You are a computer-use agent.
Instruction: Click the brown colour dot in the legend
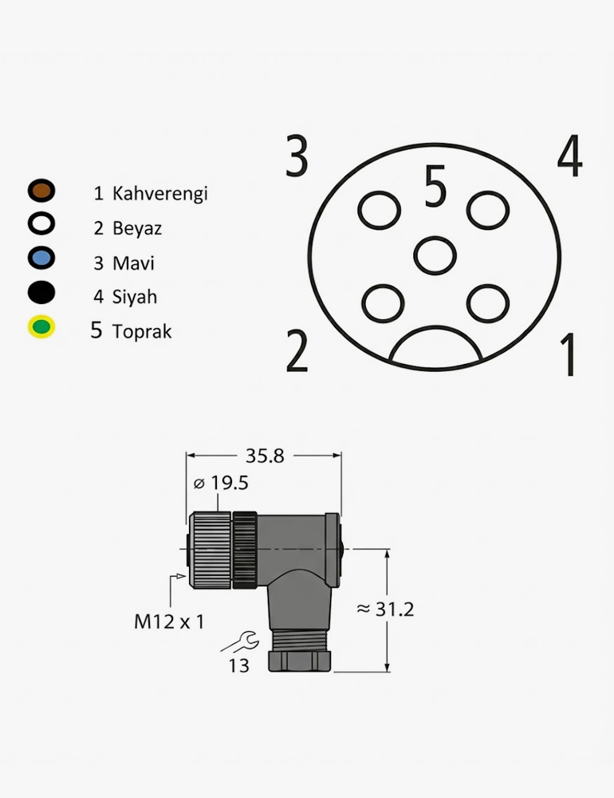(41, 191)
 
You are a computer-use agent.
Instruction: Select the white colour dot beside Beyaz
(41, 224)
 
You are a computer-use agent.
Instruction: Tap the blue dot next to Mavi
(41, 258)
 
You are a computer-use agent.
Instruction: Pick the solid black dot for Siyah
(41, 292)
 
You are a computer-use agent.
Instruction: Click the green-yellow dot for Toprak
(41, 326)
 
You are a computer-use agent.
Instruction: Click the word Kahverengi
(159, 193)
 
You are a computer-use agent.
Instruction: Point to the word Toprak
(142, 331)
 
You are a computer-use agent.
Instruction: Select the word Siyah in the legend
(134, 297)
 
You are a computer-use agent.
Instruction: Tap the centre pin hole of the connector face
(435, 255)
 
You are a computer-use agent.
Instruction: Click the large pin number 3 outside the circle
(297, 156)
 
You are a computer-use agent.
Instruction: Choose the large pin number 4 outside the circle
(569, 156)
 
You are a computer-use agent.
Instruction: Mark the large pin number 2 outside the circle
(297, 350)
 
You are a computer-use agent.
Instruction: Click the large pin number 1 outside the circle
(569, 354)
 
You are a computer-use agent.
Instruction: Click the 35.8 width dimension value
(265, 456)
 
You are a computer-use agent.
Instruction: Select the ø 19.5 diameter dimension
(221, 483)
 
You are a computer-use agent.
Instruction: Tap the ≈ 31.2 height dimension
(385, 609)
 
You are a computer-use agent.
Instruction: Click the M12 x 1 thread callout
(169, 622)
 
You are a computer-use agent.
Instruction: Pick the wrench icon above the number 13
(240, 642)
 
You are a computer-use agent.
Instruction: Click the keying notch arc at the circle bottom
(435, 344)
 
